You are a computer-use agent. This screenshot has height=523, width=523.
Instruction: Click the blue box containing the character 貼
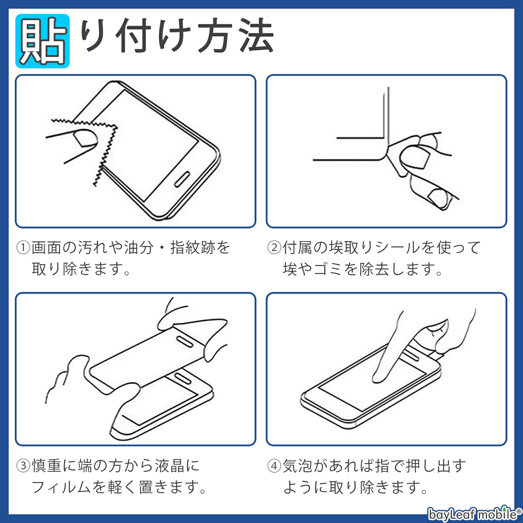(x=42, y=41)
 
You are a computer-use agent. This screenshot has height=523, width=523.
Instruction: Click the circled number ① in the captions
(x=23, y=248)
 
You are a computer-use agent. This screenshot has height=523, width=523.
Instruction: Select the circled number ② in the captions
(x=274, y=248)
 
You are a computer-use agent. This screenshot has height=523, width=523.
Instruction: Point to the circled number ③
(x=23, y=466)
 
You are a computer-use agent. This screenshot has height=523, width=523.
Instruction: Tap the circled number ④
(x=274, y=466)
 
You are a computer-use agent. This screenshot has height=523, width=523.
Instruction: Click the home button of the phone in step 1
(x=182, y=179)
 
